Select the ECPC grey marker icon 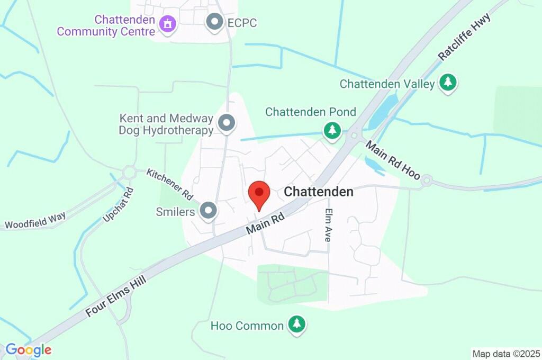tap(214, 22)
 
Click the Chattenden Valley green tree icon tap(448, 82)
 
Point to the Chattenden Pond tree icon tap(332, 130)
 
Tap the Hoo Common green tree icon tap(296, 324)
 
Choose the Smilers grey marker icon tap(209, 211)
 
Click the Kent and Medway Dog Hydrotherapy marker tap(227, 123)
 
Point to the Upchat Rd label tap(115, 204)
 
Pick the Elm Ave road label tap(328, 224)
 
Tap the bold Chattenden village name tap(319, 192)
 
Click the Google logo tap(29, 350)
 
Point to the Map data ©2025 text tap(506, 353)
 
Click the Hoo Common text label tap(247, 326)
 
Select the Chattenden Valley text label tap(387, 84)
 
